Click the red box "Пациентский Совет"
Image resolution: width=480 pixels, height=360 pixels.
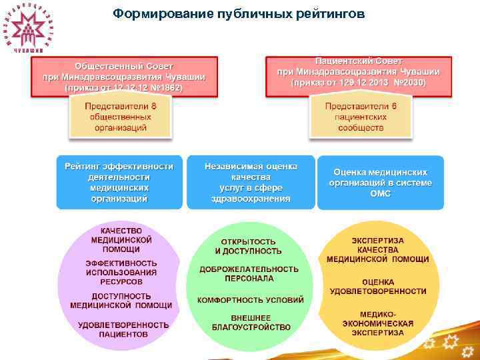point(359,72)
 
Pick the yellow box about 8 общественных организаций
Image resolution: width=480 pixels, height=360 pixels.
point(121,117)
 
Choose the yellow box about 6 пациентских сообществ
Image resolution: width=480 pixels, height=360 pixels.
point(361,117)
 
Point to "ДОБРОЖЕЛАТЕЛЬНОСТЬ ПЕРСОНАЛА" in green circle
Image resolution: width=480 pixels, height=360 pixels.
point(249,273)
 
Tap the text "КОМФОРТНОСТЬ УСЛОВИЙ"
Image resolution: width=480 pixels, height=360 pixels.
point(250,300)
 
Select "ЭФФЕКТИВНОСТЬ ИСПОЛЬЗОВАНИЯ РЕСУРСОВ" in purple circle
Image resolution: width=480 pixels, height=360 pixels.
point(121,272)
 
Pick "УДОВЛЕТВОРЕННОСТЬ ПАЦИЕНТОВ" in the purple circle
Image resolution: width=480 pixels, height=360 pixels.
point(123,329)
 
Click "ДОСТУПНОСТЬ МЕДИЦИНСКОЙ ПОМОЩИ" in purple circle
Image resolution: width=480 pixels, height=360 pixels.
point(121,301)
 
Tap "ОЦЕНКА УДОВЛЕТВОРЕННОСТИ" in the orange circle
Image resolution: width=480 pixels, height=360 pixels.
point(378,287)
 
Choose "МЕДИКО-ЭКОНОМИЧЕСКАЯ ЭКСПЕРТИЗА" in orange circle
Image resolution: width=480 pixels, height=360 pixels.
point(377,323)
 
